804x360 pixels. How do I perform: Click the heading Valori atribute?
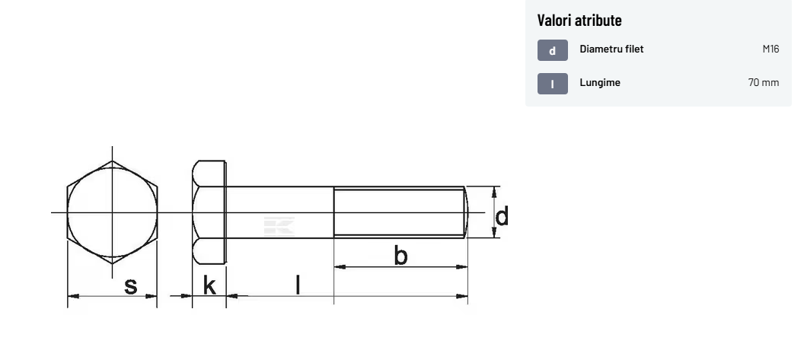[x=579, y=20]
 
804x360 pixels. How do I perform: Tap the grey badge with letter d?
[x=552, y=50]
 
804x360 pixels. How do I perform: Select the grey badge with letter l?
[x=552, y=84]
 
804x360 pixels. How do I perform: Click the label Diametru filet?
[x=611, y=49]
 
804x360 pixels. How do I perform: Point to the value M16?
[x=770, y=49]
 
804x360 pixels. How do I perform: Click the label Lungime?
[x=600, y=82]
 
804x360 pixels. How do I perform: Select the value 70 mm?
[x=764, y=82]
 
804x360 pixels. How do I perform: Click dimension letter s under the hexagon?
[x=131, y=285]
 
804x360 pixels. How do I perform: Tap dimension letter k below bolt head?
[x=209, y=285]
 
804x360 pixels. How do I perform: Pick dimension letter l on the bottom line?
[x=298, y=284]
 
